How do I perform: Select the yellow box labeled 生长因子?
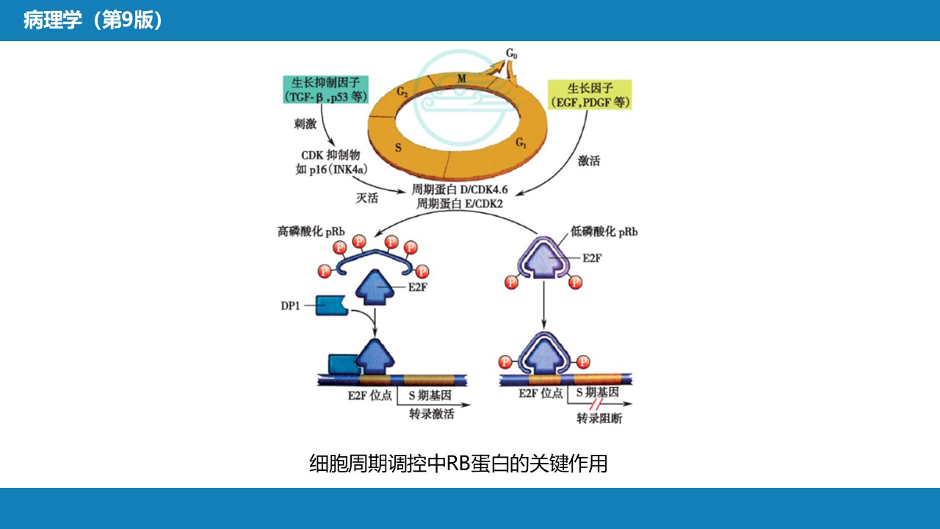click(590, 94)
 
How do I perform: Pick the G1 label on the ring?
click(520, 141)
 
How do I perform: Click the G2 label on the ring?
click(402, 92)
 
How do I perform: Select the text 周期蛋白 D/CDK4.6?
click(460, 190)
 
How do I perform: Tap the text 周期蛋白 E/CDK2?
click(460, 204)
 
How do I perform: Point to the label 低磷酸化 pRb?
click(604, 231)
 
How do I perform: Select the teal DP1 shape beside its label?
click(330, 304)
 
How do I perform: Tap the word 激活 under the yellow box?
click(588, 160)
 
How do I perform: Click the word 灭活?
click(366, 197)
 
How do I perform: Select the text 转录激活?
click(431, 414)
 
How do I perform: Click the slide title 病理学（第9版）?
click(93, 21)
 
